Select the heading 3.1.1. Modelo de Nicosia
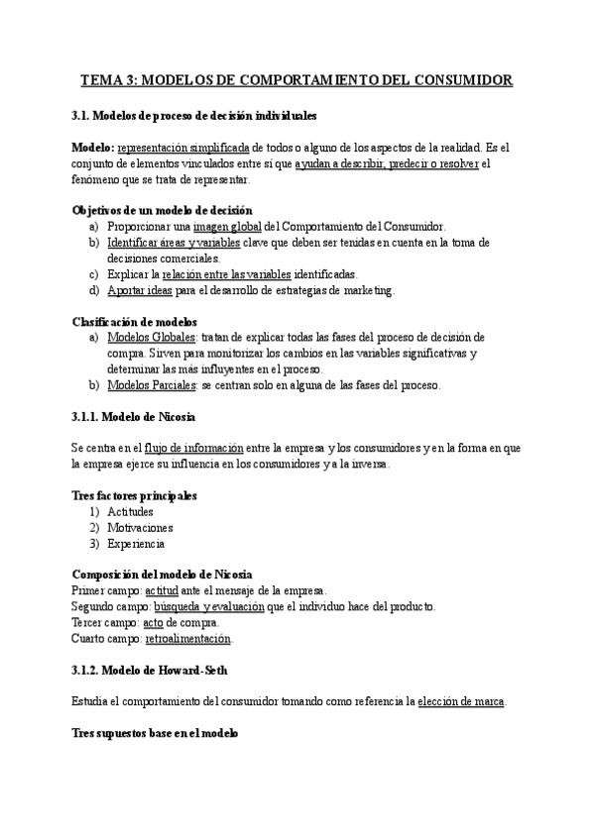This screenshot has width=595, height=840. tap(134, 415)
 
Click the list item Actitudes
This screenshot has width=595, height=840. tap(130, 511)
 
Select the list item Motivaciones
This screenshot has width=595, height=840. tap(140, 527)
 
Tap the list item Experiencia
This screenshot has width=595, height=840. tap(136, 543)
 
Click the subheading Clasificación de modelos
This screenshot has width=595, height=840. tap(135, 321)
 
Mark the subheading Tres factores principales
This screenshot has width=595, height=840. tap(135, 495)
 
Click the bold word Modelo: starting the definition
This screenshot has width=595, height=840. tap(93, 147)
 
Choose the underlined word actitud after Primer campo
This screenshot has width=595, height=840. tap(175, 590)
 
